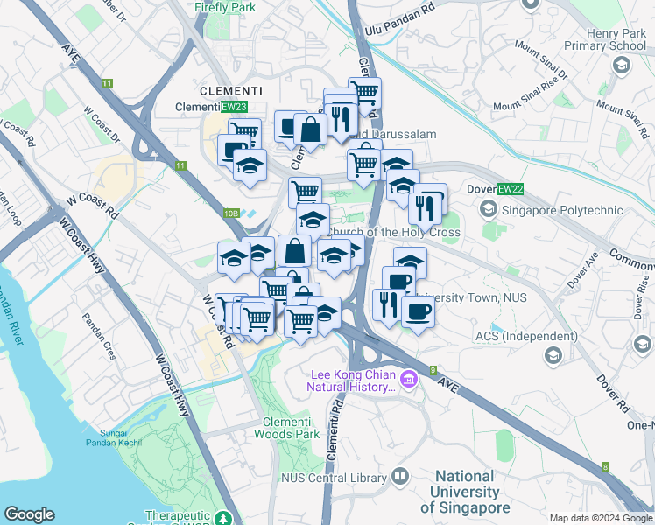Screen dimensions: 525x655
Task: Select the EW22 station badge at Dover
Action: point(510,189)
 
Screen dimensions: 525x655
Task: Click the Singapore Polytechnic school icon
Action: point(487,210)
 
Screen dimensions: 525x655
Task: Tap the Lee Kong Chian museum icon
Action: point(409,378)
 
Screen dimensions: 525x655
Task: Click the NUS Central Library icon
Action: point(400,477)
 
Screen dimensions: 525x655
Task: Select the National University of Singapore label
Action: point(465,492)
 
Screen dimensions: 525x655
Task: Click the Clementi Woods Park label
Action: point(285,427)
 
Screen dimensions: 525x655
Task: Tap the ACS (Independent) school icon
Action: point(553,354)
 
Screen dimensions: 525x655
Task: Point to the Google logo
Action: point(29,514)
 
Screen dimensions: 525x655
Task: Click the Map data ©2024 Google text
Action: point(600,518)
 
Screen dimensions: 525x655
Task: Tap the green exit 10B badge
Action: point(230,213)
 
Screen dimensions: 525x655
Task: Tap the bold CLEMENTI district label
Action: point(230,90)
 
